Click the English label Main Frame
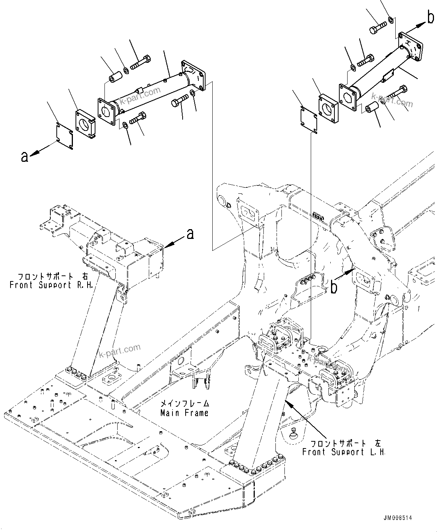pyautogui.click(x=184, y=413)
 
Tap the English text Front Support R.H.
pyautogui.click(x=51, y=285)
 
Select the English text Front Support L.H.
pyautogui.click(x=344, y=452)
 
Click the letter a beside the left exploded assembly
pyautogui.click(x=25, y=157)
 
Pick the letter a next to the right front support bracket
pyautogui.click(x=190, y=234)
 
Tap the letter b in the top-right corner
pyautogui.click(x=430, y=18)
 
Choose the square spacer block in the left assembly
pyautogui.click(x=86, y=123)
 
